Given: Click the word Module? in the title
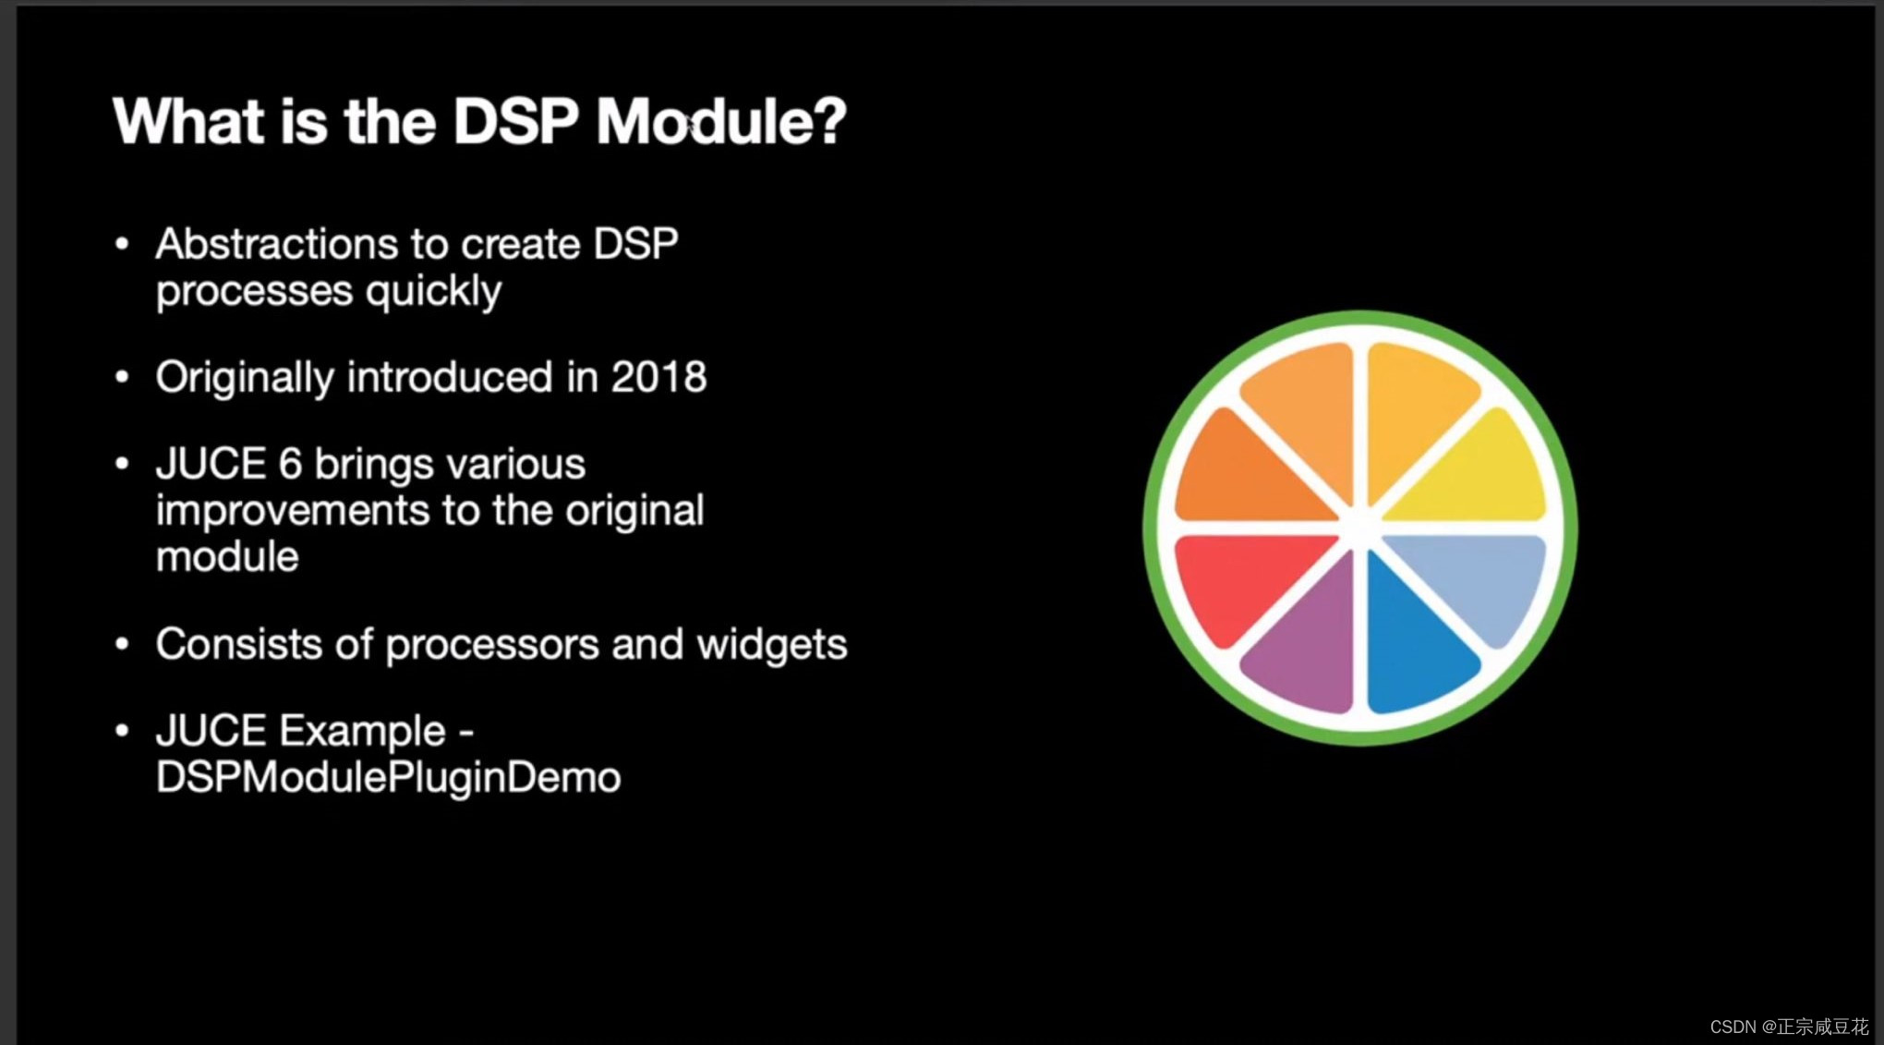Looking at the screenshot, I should pyautogui.click(x=720, y=121).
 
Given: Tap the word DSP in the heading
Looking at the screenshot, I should pyautogui.click(x=515, y=121).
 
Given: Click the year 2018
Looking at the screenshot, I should pyautogui.click(x=658, y=377).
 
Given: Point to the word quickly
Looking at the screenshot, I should pyautogui.click(x=433, y=292).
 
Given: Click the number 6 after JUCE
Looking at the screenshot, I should pyautogui.click(x=290, y=463).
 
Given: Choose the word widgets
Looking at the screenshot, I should pyautogui.click(x=771, y=644).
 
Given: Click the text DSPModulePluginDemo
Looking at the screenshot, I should pyautogui.click(x=388, y=777).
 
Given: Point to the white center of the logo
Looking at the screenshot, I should pyautogui.click(x=1360, y=527).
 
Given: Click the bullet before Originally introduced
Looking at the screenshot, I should pyautogui.click(x=122, y=377).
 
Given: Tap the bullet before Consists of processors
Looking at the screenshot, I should pyautogui.click(x=122, y=644).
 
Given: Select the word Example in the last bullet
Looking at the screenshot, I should pyautogui.click(x=362, y=731).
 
